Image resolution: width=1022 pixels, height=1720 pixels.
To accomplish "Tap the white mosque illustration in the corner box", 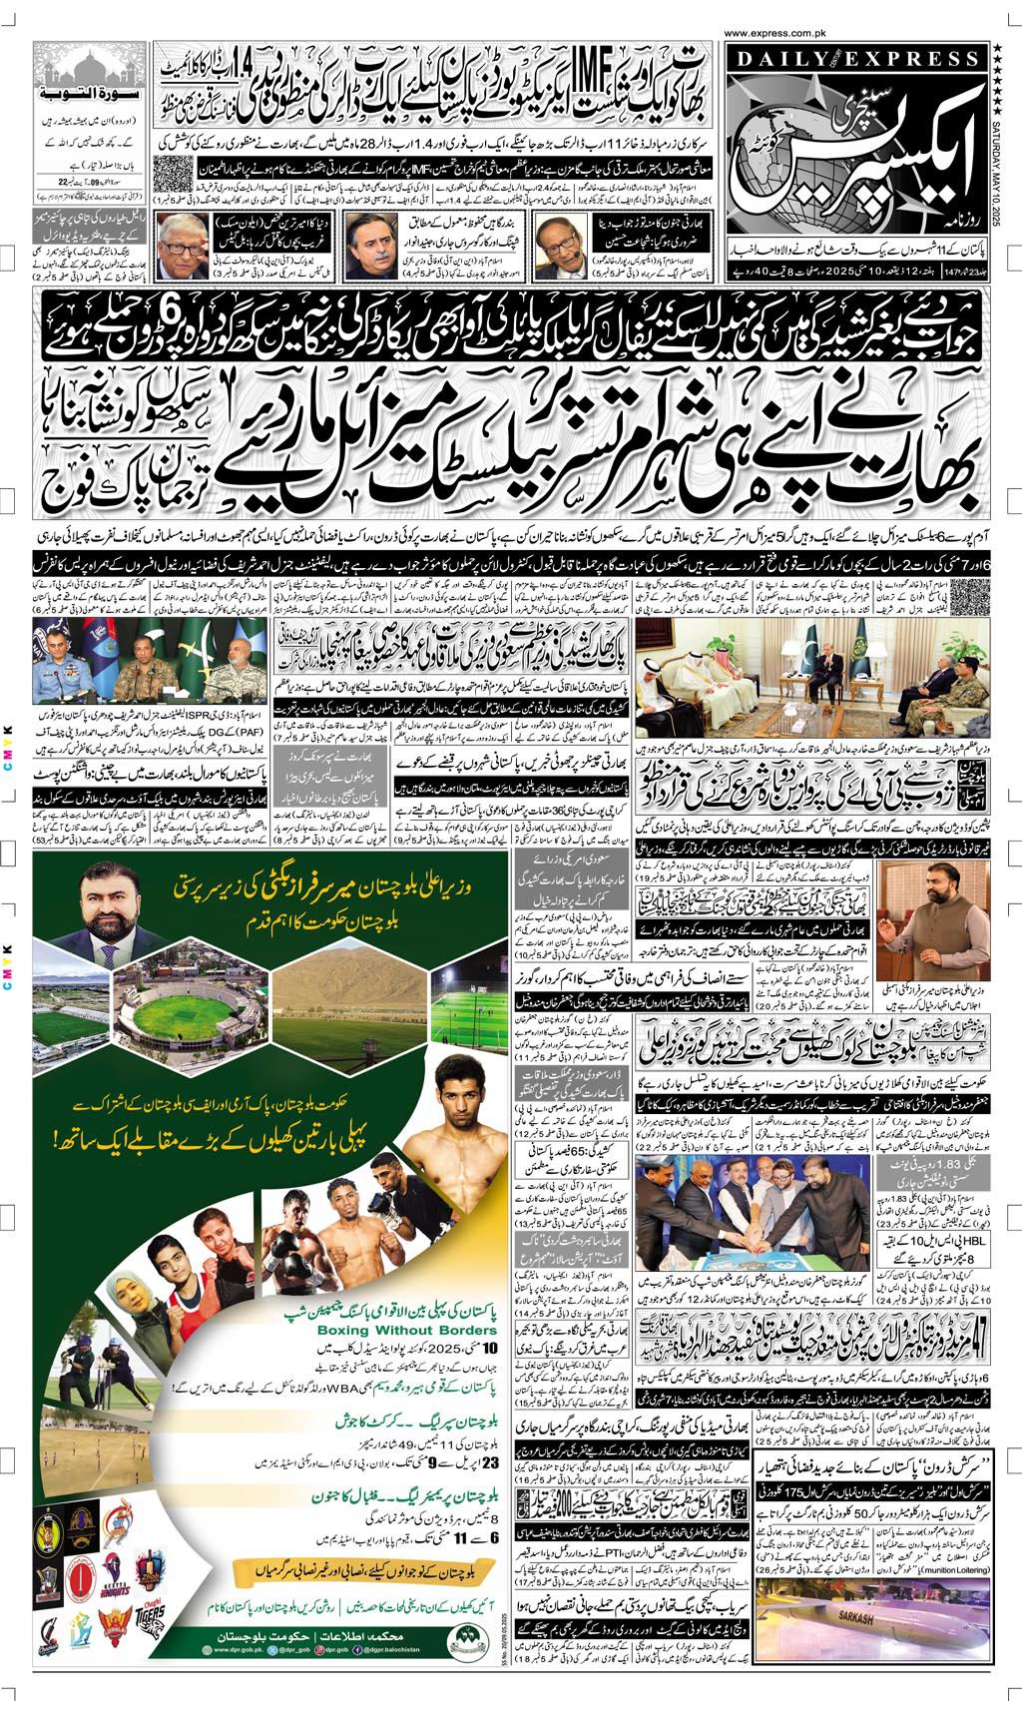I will tap(91, 68).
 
